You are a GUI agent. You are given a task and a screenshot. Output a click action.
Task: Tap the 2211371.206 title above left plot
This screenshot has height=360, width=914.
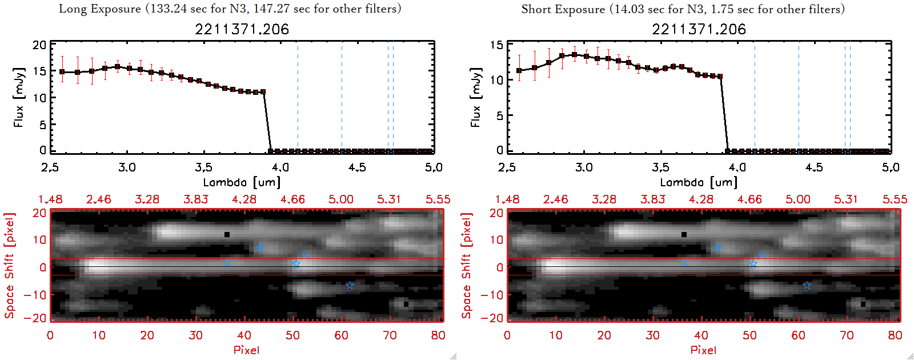[x=242, y=29]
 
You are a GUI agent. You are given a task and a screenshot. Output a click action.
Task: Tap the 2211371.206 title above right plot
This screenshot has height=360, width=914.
[x=699, y=29]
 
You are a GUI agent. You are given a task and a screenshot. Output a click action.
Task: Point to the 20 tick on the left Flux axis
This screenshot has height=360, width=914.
[x=39, y=45]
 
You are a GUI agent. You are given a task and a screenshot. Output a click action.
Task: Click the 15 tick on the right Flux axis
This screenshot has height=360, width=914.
[x=496, y=45]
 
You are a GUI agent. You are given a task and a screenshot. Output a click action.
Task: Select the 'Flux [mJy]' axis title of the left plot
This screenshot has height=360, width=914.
[x=19, y=97]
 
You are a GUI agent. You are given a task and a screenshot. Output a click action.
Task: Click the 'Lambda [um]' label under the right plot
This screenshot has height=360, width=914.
[x=699, y=182]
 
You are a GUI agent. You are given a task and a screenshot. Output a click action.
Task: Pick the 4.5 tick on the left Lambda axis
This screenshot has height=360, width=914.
[x=357, y=167]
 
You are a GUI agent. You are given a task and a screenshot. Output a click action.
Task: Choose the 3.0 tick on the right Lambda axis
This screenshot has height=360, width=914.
[x=584, y=167]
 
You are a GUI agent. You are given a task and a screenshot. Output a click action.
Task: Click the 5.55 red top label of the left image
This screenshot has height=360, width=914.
[x=438, y=199]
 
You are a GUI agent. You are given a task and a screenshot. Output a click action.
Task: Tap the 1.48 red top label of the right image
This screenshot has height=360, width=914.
[x=507, y=199]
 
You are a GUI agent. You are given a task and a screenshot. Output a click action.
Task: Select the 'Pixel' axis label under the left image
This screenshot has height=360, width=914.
[x=246, y=350]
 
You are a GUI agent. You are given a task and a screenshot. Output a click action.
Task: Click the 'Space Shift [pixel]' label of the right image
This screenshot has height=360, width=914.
[x=467, y=265]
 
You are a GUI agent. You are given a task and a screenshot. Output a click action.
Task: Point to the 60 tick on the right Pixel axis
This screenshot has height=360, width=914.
[x=798, y=335]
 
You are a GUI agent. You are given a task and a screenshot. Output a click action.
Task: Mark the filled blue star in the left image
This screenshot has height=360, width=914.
[x=260, y=247]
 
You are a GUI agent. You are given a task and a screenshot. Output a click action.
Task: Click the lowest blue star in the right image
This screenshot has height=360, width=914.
[x=807, y=285]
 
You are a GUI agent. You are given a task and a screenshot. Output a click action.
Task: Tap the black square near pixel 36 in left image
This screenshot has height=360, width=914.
[x=227, y=234]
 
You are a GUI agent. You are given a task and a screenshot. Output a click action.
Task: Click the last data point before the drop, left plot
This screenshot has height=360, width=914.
[x=263, y=91]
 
